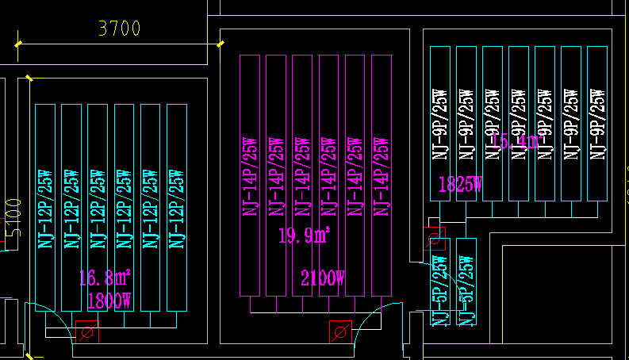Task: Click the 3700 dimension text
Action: (x=119, y=29)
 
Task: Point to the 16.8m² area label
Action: (x=105, y=278)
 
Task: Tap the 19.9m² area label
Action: (x=304, y=236)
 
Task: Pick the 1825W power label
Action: (x=460, y=185)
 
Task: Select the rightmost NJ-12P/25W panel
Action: (x=176, y=208)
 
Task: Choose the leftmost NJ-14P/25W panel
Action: (x=251, y=174)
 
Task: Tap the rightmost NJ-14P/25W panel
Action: (x=380, y=174)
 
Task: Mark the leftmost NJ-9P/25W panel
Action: (x=440, y=123)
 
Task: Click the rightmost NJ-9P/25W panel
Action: (x=597, y=123)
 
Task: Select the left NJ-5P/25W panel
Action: (x=440, y=281)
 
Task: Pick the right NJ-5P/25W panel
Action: (x=466, y=281)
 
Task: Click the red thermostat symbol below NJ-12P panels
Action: (x=87, y=331)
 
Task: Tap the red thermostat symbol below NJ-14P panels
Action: (x=340, y=331)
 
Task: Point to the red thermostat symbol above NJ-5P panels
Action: (x=433, y=237)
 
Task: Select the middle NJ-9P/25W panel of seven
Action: (x=519, y=123)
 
